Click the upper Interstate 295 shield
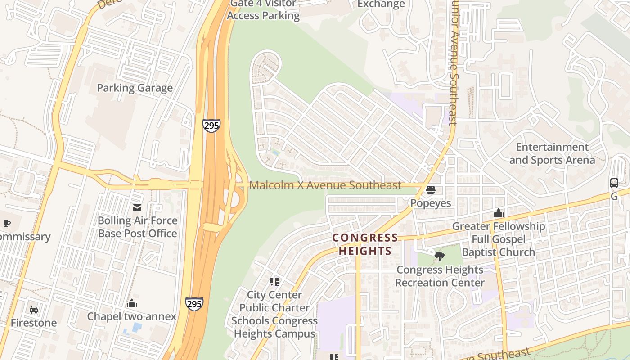pyautogui.click(x=211, y=125)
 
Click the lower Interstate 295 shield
pyautogui.click(x=194, y=304)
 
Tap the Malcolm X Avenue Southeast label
pyautogui.click(x=325, y=185)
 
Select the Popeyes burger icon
pyautogui.click(x=431, y=190)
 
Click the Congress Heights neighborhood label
pyautogui.click(x=365, y=244)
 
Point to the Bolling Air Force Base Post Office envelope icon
pyautogui.click(x=137, y=207)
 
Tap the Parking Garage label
pyautogui.click(x=135, y=88)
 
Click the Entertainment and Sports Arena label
pyautogui.click(x=552, y=153)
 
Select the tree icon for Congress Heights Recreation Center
pyautogui.click(x=440, y=256)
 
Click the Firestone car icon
pyautogui.click(x=34, y=310)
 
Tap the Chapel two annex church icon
pyautogui.click(x=132, y=303)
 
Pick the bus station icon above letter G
pyautogui.click(x=614, y=183)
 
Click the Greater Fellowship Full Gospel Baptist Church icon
pyautogui.click(x=498, y=213)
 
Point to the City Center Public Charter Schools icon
pyautogui.click(x=274, y=282)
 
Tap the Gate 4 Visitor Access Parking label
pyautogui.click(x=263, y=10)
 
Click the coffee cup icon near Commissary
pyautogui.click(x=6, y=224)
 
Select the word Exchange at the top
pyautogui.click(x=381, y=4)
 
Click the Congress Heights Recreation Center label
pyautogui.click(x=440, y=276)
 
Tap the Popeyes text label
pyautogui.click(x=431, y=203)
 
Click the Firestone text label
pyautogui.click(x=34, y=323)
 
